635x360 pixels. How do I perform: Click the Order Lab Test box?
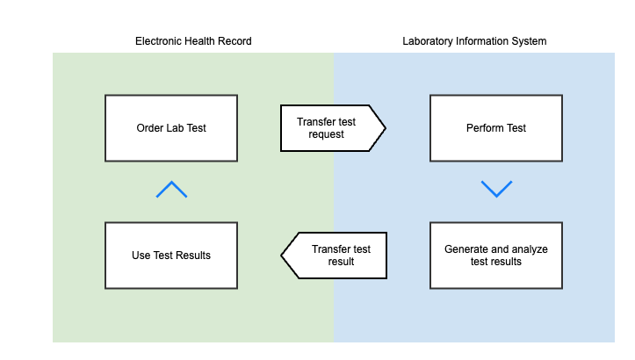(x=171, y=128)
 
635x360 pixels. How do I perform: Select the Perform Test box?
(x=496, y=128)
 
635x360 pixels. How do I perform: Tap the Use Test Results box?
(x=171, y=256)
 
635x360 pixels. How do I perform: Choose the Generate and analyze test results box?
(x=496, y=256)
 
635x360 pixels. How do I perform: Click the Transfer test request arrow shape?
(x=333, y=128)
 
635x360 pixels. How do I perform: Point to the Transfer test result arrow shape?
(x=334, y=256)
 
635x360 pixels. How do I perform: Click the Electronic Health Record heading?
(x=193, y=41)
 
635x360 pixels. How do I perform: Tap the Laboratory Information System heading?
(x=474, y=41)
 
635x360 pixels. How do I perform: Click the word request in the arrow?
(x=326, y=134)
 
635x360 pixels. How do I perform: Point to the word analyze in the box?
(x=529, y=249)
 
